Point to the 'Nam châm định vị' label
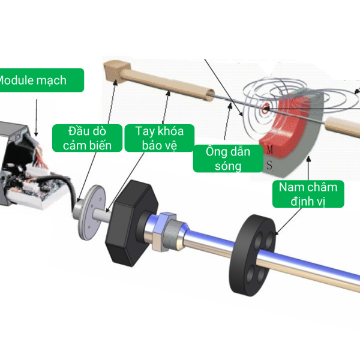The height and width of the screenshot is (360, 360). tap(308, 193)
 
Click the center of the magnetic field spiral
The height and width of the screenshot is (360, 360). tap(265, 109)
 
